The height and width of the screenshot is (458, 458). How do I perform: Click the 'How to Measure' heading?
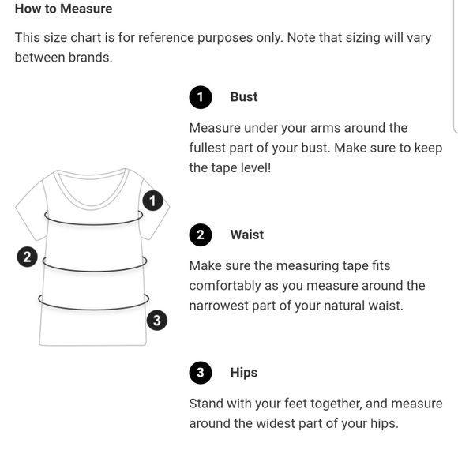coord(63,9)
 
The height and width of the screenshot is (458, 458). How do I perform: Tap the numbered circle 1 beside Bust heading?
coord(201,97)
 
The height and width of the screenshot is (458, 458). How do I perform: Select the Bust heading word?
coord(244,97)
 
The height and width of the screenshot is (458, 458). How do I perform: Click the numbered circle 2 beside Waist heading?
coord(201,235)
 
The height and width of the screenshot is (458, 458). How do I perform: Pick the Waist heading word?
coord(247,235)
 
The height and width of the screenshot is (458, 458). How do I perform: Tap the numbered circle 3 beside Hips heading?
coord(201,373)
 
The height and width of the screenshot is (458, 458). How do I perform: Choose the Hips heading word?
coord(244,373)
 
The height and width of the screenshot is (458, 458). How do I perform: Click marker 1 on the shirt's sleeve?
coord(152,201)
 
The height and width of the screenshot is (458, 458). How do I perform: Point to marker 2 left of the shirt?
coord(27,257)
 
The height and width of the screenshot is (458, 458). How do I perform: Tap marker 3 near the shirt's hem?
coord(157,320)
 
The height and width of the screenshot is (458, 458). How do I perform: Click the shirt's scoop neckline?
coord(91,205)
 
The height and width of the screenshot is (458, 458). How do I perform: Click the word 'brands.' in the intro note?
coord(91,58)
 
